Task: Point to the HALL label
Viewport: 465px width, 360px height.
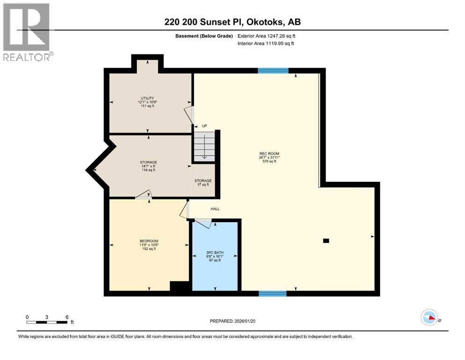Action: (x=215, y=209)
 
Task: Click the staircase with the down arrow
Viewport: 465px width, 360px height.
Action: (x=204, y=146)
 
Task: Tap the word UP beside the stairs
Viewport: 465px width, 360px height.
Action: (x=204, y=126)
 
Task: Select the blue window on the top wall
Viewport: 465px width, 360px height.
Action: (x=273, y=71)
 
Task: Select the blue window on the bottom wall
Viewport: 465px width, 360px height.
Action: (x=273, y=293)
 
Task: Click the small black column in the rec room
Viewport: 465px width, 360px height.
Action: (x=326, y=241)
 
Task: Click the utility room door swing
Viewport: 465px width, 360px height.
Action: (x=188, y=114)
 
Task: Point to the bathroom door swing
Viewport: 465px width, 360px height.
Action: (x=203, y=224)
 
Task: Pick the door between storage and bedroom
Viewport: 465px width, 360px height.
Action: (x=144, y=195)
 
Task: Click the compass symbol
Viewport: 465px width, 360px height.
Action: (x=429, y=318)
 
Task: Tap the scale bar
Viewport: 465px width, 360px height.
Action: (x=47, y=322)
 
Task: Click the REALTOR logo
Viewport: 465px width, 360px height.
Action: (x=27, y=31)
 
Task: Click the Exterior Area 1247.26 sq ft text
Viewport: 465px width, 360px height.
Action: (x=266, y=36)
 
